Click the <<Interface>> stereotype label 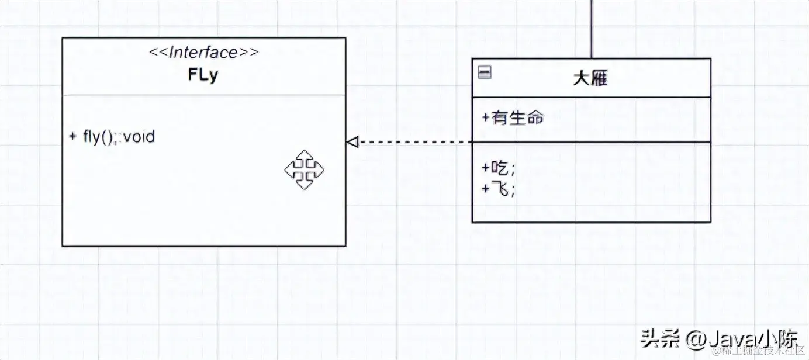(203, 53)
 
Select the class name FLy (203, 75)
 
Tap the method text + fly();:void (112, 137)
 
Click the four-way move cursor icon (304, 169)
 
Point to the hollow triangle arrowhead (351, 141)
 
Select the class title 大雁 (590, 78)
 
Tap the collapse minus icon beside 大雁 (485, 72)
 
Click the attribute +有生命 (513, 117)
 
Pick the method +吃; (499, 168)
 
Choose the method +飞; (499, 189)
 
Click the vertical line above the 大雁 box (592, 29)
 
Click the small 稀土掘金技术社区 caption (758, 351)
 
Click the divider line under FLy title (203, 94)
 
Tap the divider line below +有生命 (592, 141)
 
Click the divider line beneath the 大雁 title (592, 97)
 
